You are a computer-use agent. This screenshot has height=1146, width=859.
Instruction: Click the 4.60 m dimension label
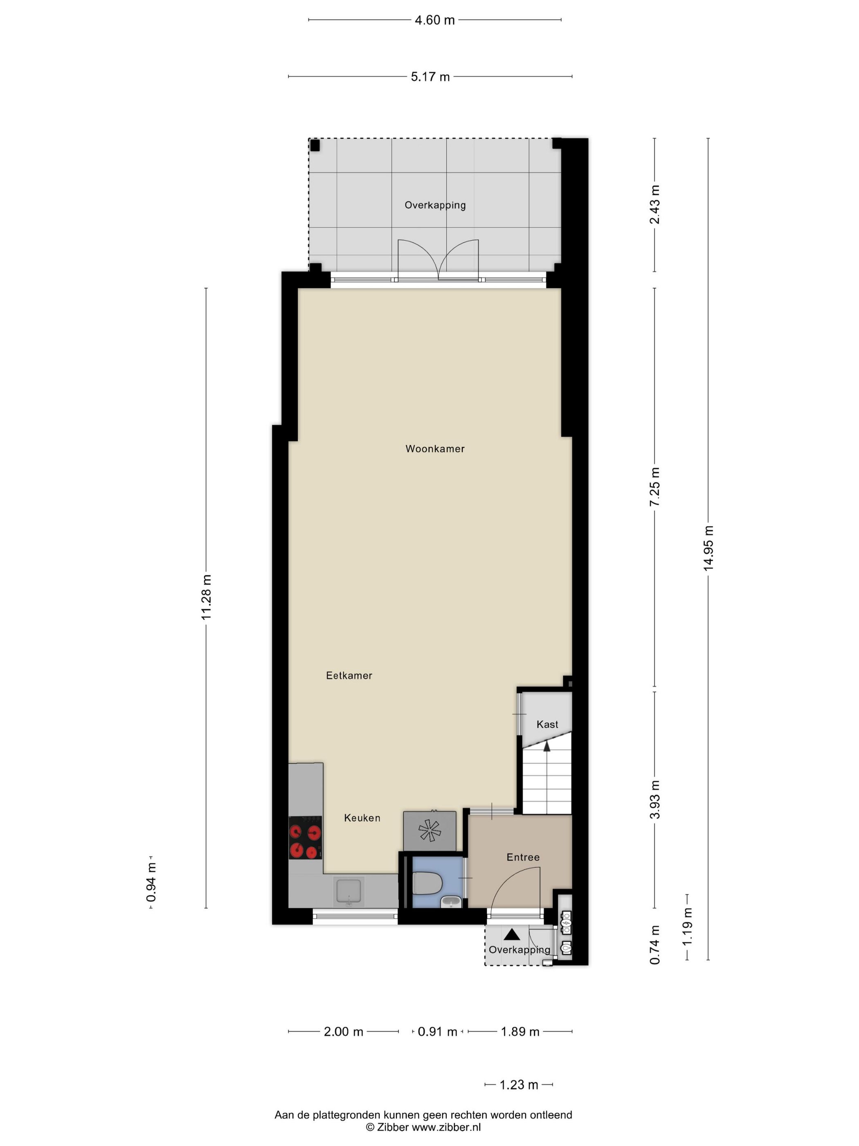pyautogui.click(x=434, y=20)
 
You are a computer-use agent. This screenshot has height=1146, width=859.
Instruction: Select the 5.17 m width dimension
pyautogui.click(x=430, y=77)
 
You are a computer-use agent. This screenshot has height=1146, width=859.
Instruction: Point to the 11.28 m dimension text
pyautogui.click(x=207, y=597)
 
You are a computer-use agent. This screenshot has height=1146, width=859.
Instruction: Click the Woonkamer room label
pyautogui.click(x=434, y=449)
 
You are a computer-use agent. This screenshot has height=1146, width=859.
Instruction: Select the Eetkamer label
pyautogui.click(x=349, y=676)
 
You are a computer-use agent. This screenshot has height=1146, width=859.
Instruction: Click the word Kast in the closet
pyautogui.click(x=547, y=724)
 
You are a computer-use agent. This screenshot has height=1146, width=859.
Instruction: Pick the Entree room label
pyautogui.click(x=522, y=857)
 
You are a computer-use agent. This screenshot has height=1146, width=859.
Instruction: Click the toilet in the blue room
pyautogui.click(x=427, y=883)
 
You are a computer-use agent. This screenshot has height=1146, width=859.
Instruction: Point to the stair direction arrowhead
pyautogui.click(x=546, y=746)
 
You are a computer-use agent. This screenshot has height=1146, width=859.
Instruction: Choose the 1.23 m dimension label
pyautogui.click(x=518, y=1084)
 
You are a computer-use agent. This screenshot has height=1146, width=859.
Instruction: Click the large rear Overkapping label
pyautogui.click(x=434, y=205)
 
